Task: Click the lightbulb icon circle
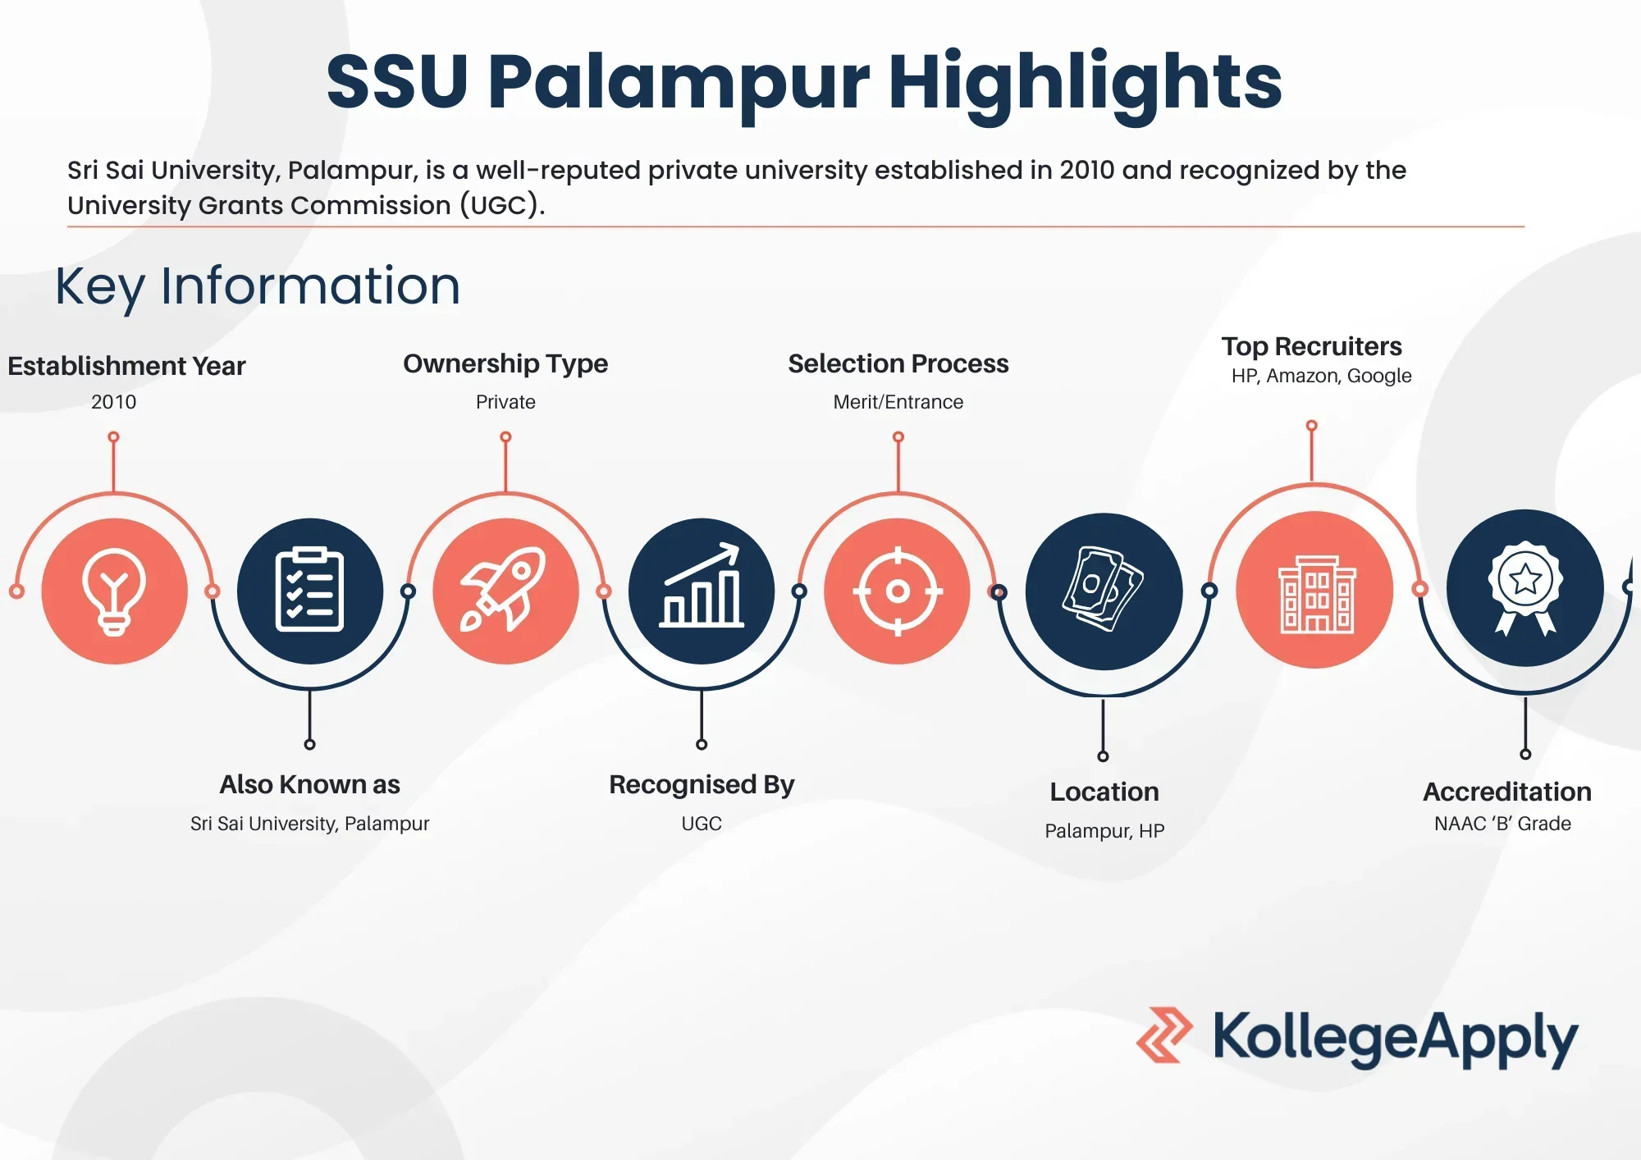[115, 591]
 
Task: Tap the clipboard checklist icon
[309, 591]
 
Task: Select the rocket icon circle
[506, 591]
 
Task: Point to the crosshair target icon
[898, 591]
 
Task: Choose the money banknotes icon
[1104, 589]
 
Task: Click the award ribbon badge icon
[1525, 587]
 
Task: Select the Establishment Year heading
[126, 366]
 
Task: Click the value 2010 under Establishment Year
[113, 402]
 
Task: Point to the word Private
[505, 402]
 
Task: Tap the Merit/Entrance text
[898, 402]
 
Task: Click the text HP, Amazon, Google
[1321, 376]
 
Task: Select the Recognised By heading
[702, 785]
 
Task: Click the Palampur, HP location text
[1104, 831]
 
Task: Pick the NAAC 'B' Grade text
[1502, 824]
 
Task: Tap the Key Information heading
[258, 287]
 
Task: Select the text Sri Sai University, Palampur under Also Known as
[309, 824]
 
